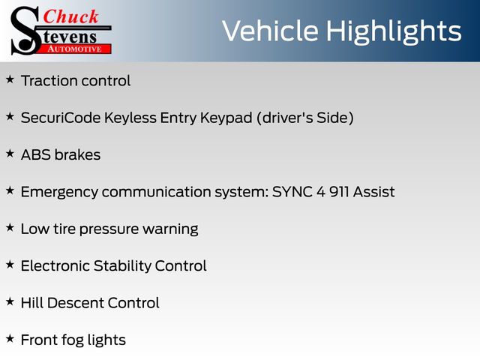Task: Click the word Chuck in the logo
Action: (70, 16)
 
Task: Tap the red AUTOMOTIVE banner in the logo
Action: (75, 49)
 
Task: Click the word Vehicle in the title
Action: (270, 31)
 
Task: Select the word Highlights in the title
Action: (393, 32)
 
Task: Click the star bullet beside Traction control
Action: (10, 79)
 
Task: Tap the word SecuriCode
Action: (61, 118)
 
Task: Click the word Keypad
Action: (226, 118)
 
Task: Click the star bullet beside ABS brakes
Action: (10, 153)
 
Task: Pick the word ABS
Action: (36, 155)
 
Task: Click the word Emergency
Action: (60, 193)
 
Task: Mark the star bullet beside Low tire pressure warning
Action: (10, 227)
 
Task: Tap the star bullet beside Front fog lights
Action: (10, 338)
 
